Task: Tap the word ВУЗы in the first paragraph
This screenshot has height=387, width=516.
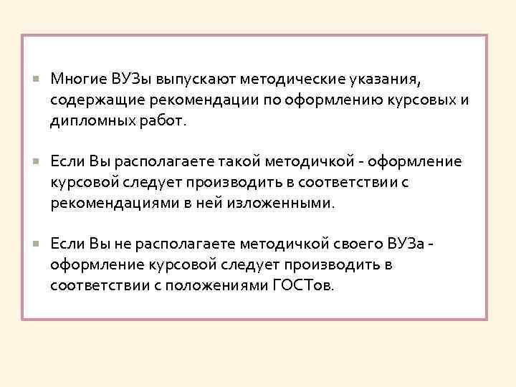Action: tap(130, 77)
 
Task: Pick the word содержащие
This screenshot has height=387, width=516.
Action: tap(92, 99)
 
